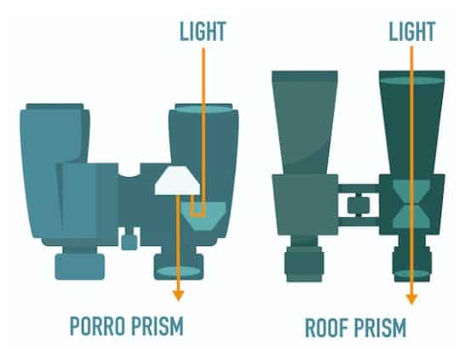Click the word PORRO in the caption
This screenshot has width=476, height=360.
click(x=97, y=326)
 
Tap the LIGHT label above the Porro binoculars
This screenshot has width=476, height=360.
click(x=203, y=31)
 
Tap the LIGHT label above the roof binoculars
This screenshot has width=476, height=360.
click(x=412, y=31)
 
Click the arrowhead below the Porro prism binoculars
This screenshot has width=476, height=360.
click(x=178, y=295)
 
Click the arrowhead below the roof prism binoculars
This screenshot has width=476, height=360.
click(x=411, y=299)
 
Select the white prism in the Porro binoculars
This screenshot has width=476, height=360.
click(x=177, y=180)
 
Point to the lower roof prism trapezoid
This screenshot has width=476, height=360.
click(x=411, y=215)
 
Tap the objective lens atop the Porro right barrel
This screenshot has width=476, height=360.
click(x=204, y=109)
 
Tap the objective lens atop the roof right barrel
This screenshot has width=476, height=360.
click(x=412, y=81)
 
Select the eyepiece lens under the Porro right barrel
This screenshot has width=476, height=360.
click(x=179, y=271)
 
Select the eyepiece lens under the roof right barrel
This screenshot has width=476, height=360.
click(x=412, y=274)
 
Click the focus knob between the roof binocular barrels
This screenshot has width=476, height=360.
click(x=358, y=205)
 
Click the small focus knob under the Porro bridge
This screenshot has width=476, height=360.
click(x=129, y=242)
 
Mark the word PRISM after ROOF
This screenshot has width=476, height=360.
click(x=379, y=328)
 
